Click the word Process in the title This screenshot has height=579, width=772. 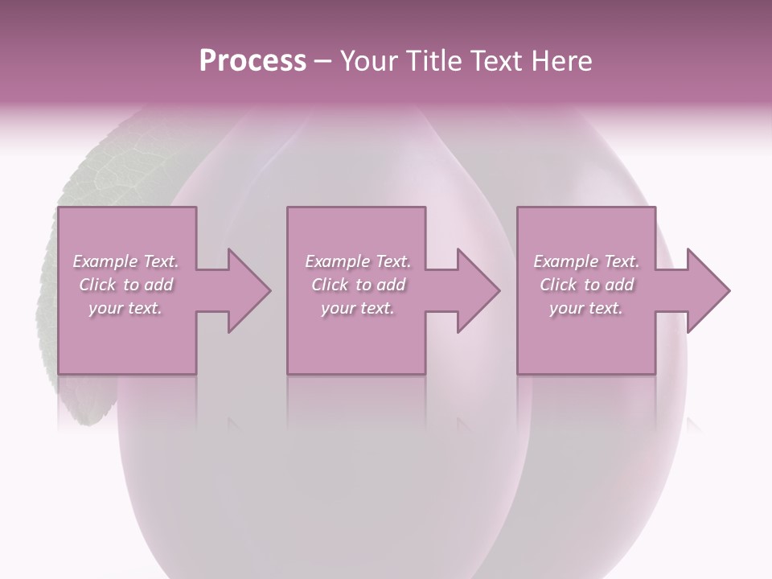click(253, 61)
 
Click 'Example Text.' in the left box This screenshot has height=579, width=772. click(125, 261)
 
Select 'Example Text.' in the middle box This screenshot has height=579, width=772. click(358, 261)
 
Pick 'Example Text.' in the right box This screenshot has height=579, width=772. click(586, 261)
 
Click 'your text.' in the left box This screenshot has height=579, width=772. click(125, 308)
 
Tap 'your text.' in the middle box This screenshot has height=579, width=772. click(358, 308)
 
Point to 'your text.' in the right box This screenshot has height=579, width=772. click(586, 308)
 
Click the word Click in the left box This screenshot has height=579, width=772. click(97, 285)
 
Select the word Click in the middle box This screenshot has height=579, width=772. click(330, 285)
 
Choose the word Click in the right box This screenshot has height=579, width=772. click(558, 285)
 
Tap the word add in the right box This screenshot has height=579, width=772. click(619, 285)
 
